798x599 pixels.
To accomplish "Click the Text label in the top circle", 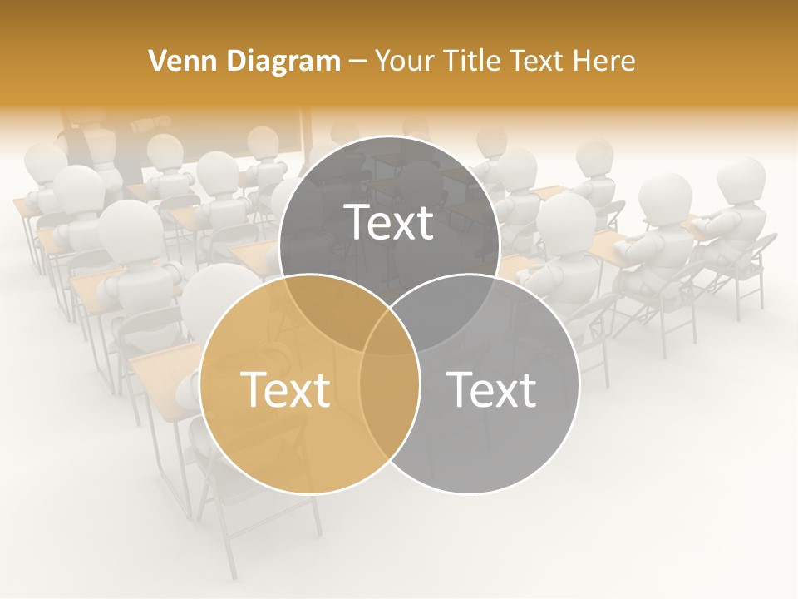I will pyautogui.click(x=389, y=222).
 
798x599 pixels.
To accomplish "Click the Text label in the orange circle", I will pyautogui.click(x=285, y=389).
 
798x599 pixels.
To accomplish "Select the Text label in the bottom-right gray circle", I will pyautogui.click(x=492, y=389).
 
